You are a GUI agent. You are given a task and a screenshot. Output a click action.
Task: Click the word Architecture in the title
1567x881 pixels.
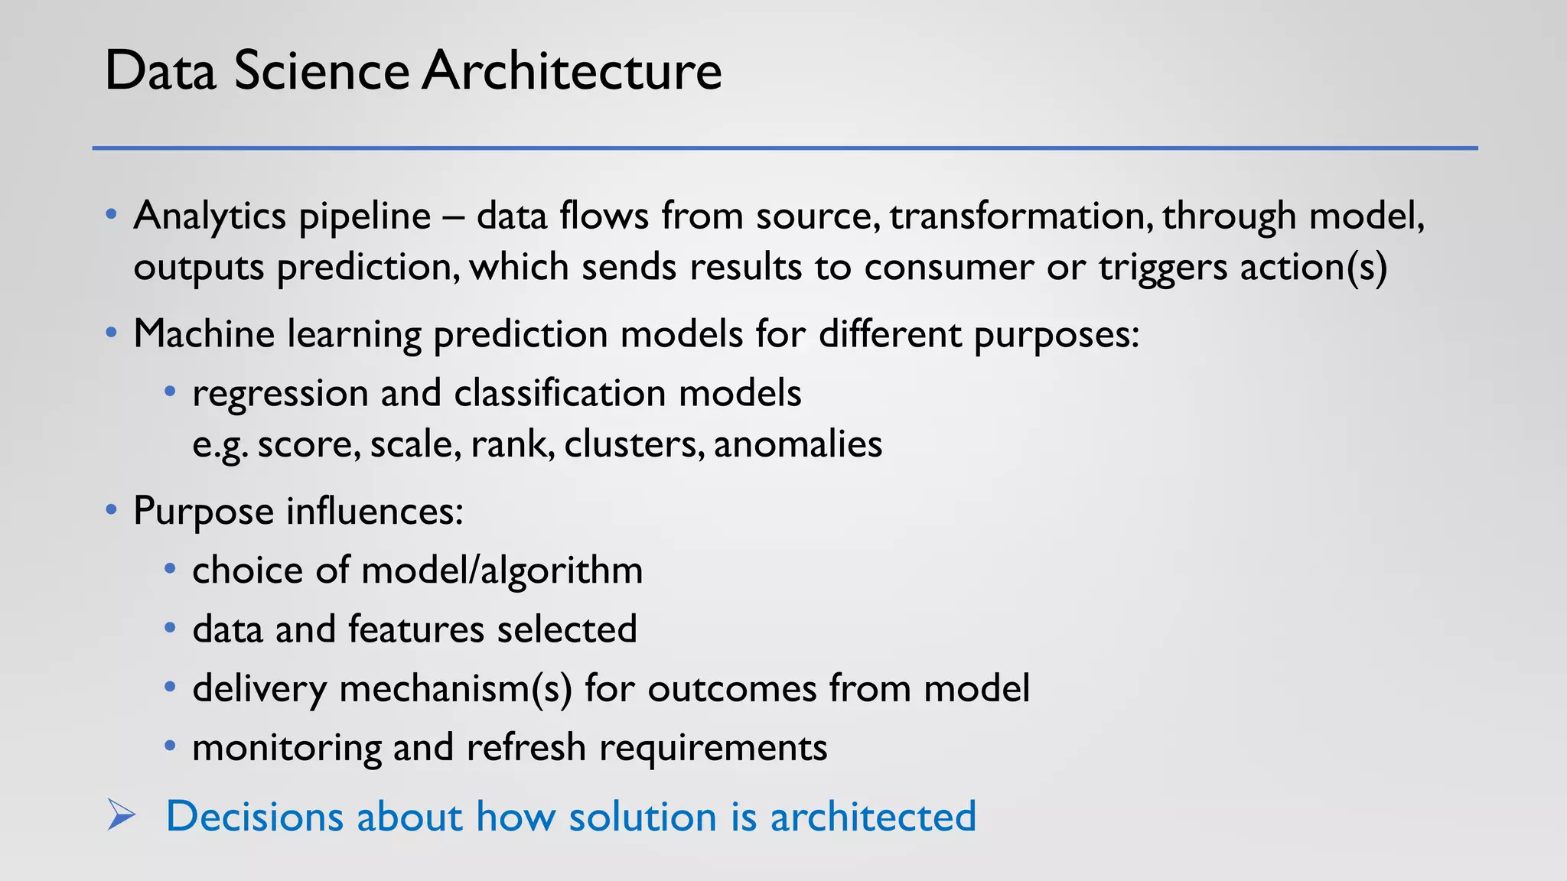tap(572, 71)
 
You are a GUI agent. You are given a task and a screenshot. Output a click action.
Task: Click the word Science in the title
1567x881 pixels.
tap(321, 71)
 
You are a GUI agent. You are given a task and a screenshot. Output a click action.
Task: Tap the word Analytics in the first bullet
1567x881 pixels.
tap(210, 216)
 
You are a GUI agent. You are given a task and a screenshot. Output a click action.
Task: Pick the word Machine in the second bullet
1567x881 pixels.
tap(204, 334)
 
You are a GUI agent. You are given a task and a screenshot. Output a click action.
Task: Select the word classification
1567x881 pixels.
tap(560, 393)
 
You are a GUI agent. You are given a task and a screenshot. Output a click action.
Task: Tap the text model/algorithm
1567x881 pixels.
tap(501, 571)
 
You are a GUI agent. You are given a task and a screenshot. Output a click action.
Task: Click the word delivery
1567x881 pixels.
tap(259, 689)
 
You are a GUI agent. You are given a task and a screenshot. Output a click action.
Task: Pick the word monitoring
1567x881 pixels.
tap(286, 748)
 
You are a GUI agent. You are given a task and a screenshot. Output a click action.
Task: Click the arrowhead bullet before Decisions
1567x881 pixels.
tap(121, 814)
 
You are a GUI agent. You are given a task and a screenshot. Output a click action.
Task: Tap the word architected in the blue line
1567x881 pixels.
tap(872, 816)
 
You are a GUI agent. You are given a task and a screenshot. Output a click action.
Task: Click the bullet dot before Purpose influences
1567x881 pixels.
tap(112, 509)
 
